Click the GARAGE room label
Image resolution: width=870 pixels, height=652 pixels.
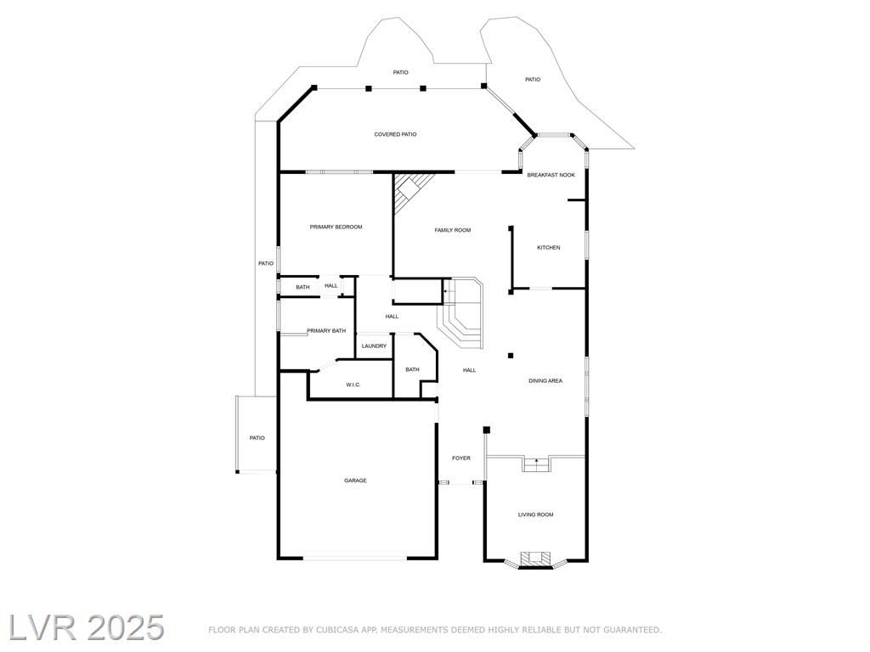tap(355, 481)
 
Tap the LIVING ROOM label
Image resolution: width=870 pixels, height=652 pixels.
tap(535, 515)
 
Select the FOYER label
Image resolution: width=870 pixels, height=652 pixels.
tap(461, 458)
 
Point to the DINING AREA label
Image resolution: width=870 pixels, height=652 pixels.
tap(545, 381)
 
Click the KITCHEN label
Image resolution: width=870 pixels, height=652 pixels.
tap(549, 248)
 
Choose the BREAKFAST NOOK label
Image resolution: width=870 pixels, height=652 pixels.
tap(551, 175)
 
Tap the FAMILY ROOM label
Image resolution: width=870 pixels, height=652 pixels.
tap(453, 231)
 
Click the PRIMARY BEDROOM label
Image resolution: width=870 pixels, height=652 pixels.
tap(336, 228)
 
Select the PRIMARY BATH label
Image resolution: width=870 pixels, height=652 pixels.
tap(326, 331)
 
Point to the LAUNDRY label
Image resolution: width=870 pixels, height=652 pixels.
tap(374, 346)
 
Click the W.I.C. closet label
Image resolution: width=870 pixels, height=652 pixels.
tap(353, 385)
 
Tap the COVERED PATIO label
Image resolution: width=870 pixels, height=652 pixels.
tap(395, 135)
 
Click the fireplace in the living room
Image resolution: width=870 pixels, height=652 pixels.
tap(536, 559)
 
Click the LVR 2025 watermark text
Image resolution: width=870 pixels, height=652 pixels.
tap(86, 628)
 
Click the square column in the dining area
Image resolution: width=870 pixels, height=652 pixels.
tap(511, 356)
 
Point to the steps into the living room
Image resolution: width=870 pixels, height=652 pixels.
tap(537, 464)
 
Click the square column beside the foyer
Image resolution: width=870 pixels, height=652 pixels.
tap(487, 430)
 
